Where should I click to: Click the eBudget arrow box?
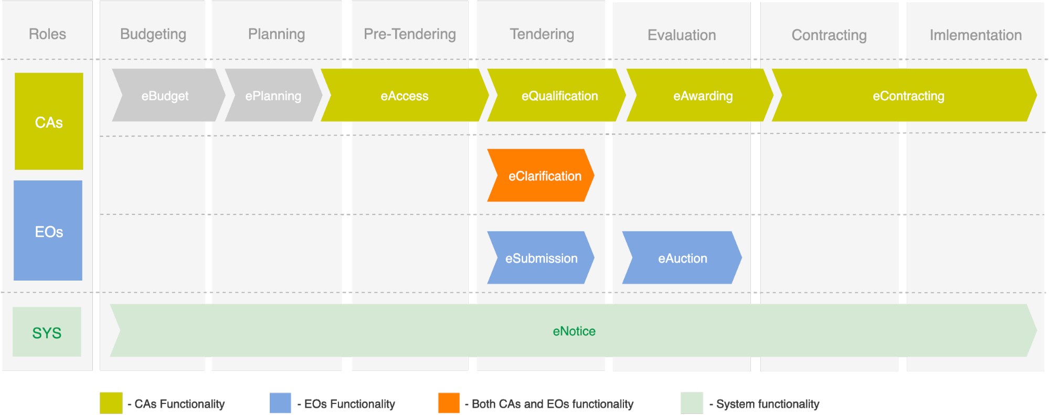coord(165,96)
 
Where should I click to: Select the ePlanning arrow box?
coord(273,96)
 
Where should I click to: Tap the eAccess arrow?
coord(405,96)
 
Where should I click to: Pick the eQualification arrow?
coord(559,96)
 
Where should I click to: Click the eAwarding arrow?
coord(703,96)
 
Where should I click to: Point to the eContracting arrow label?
coord(908,96)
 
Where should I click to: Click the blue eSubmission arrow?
coord(542,258)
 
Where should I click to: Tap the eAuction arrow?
coord(682,258)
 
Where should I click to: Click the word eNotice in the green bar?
coord(574,331)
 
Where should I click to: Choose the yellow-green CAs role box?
coord(49,121)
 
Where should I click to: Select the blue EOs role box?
coord(48,231)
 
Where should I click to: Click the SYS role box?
coord(47,332)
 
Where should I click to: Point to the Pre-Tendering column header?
coord(410,34)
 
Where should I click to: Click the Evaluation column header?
coord(682,35)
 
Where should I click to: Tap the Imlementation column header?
coord(976,35)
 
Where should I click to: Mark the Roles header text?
coord(47,34)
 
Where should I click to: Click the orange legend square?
coord(449,403)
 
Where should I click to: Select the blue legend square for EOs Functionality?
coord(280,403)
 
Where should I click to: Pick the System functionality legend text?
coord(767,404)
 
